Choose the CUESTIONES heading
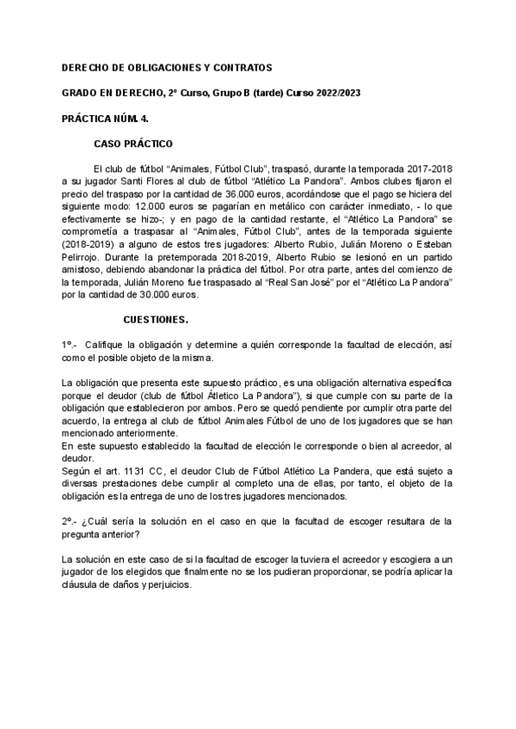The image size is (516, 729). click(x=157, y=320)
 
